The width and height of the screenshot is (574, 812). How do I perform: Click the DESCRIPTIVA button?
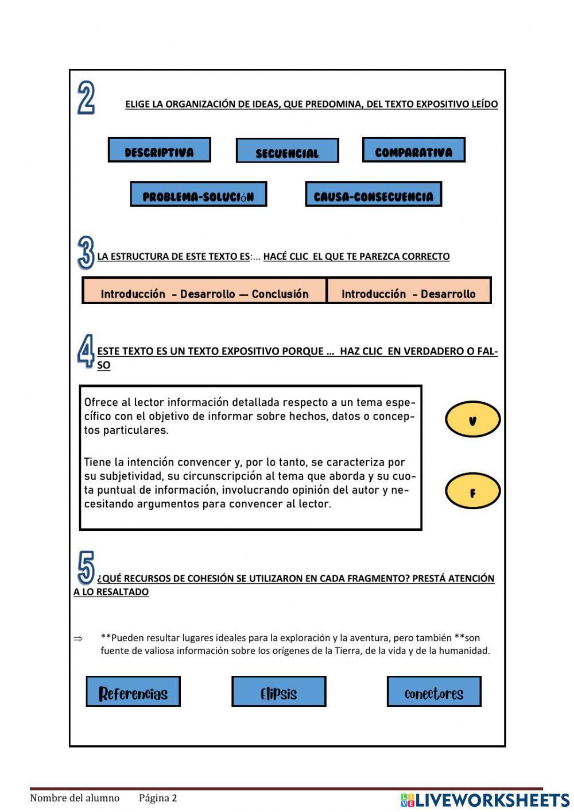159,150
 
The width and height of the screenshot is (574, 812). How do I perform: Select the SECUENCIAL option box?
287,151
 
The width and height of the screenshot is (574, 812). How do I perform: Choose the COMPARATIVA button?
413,150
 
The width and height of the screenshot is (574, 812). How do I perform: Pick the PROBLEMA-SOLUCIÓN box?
198,194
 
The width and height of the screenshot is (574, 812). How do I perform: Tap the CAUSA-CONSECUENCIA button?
373,194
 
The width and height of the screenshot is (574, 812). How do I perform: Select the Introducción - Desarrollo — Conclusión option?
204,291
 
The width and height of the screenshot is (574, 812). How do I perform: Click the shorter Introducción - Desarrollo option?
409,291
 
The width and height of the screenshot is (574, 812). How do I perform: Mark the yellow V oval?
472,420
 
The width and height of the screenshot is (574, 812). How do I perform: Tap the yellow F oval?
472,491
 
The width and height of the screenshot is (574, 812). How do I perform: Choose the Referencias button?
133,691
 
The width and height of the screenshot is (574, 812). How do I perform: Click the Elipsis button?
278,691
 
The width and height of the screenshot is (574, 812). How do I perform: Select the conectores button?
434,691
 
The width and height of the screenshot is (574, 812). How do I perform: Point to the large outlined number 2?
86,98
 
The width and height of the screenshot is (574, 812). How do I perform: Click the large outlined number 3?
86,253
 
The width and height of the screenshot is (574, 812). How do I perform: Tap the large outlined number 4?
86,352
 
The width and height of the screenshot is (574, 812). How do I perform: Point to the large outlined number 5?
86,568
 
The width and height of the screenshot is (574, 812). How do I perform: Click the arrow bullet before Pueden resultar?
79,638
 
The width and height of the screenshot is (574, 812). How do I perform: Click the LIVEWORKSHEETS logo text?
491,799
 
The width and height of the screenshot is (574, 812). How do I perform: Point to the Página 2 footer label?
158,798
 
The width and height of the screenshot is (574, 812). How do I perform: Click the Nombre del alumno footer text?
75,798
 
